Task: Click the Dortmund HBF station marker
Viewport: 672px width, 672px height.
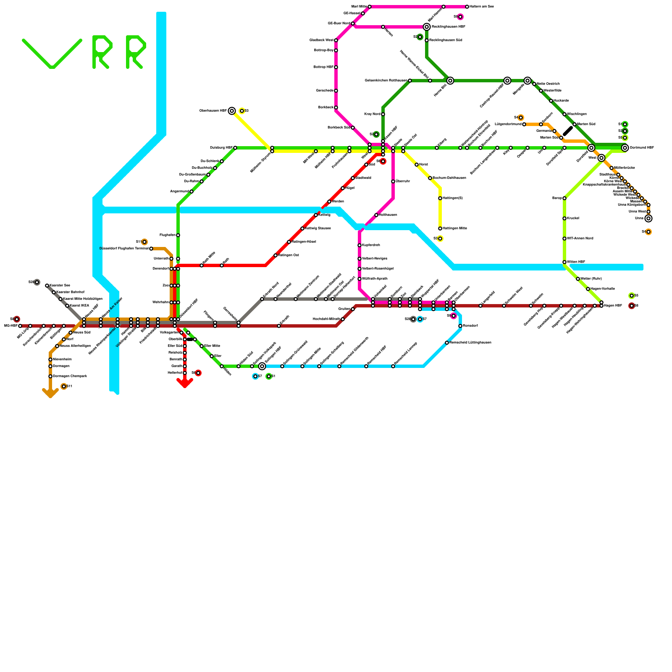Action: tap(625, 148)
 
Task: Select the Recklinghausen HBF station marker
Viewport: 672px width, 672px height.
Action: tap(427, 27)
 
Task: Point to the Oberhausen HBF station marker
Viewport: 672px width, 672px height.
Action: tap(232, 111)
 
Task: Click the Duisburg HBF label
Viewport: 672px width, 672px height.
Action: tap(221, 148)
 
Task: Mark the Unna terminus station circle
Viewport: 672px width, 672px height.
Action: tap(648, 218)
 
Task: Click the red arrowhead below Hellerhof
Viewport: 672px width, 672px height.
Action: tap(185, 383)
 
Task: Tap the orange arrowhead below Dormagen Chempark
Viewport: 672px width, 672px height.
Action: tap(50, 393)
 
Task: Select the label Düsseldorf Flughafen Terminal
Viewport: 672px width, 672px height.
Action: tap(124, 249)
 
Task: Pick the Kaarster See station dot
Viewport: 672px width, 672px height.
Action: tap(47, 286)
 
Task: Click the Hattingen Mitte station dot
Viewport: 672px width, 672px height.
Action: tap(440, 228)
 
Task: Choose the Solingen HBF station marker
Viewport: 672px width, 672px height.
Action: tap(262, 366)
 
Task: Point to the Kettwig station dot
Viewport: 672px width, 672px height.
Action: tap(316, 215)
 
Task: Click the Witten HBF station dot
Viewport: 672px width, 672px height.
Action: tap(564, 262)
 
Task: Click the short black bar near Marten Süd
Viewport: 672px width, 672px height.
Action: tap(568, 131)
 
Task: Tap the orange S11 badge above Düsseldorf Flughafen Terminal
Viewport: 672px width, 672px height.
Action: tap(144, 242)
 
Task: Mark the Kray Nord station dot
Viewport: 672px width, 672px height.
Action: tap(383, 114)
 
